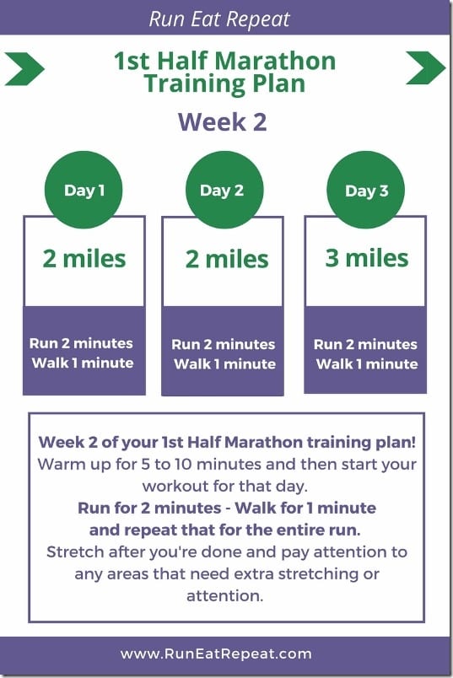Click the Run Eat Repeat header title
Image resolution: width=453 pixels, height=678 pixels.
tap(219, 19)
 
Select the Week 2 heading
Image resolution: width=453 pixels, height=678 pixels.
tap(223, 122)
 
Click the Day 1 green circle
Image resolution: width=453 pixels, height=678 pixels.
tap(84, 190)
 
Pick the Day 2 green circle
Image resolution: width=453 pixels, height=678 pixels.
tap(224, 190)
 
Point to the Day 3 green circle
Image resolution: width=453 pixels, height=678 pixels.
tap(365, 190)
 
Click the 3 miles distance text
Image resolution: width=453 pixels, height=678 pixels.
tap(367, 258)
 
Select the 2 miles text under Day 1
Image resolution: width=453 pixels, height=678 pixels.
tap(84, 259)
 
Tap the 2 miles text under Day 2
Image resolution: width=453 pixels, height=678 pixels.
tap(227, 259)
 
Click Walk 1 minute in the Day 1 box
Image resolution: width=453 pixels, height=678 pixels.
tap(82, 363)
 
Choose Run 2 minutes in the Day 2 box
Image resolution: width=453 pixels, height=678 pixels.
tap(224, 344)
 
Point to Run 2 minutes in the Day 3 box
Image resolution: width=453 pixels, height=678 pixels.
tap(365, 344)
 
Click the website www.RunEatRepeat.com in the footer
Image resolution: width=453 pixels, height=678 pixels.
tap(216, 654)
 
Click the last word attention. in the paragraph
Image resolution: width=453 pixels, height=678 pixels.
tap(225, 596)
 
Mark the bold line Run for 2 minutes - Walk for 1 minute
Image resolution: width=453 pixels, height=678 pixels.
tap(227, 508)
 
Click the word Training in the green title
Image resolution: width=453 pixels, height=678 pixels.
tap(195, 83)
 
